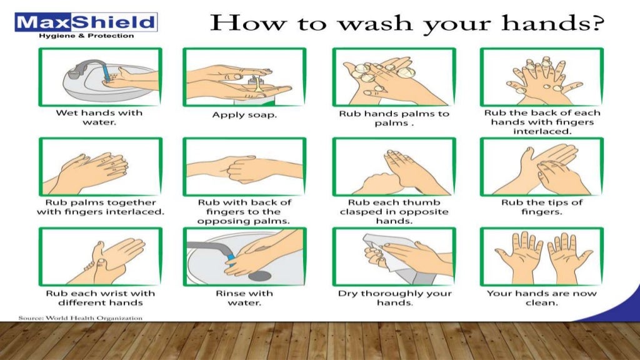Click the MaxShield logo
86,23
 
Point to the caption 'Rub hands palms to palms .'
394,118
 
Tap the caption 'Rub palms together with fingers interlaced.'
101,207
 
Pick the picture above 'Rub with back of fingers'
244,167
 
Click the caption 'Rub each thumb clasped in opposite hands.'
394,211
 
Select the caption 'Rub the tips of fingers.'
542,207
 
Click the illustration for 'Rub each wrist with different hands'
101,257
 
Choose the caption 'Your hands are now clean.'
541,298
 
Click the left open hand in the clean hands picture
518,256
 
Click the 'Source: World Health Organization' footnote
81,318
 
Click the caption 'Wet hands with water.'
100,117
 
